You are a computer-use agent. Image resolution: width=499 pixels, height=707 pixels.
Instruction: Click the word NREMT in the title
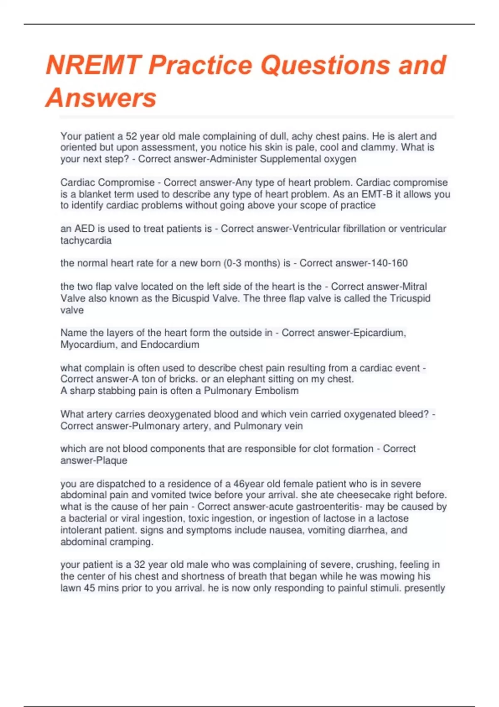(x=92, y=65)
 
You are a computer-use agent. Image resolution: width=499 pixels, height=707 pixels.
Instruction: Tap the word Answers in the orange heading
(x=101, y=98)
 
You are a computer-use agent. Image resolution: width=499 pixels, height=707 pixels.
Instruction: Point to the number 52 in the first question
(x=131, y=136)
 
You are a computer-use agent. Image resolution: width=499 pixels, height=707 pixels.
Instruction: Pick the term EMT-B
(x=377, y=194)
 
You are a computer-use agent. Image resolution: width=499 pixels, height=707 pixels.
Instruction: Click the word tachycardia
(x=86, y=240)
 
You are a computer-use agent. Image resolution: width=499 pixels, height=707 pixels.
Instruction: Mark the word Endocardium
(x=170, y=345)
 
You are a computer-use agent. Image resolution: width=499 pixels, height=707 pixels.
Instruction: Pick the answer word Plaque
(x=111, y=460)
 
